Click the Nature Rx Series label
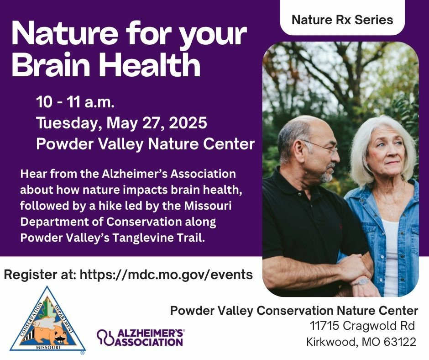coord(342,20)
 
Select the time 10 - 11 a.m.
coord(75,102)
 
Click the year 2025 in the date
coord(188,123)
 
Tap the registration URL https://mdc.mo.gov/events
coord(166,275)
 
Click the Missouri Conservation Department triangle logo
coord(47,320)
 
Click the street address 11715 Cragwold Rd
coord(362,326)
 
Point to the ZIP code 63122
coord(400,342)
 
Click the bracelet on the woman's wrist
coord(361,282)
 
